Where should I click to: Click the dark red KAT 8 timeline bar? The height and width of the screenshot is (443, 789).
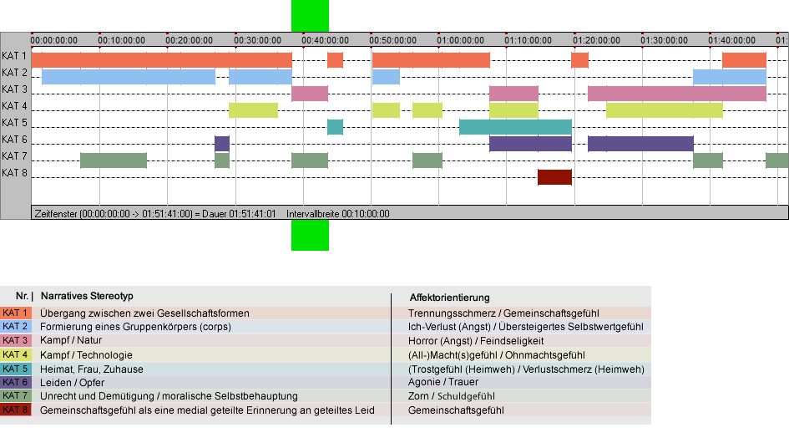point(554,177)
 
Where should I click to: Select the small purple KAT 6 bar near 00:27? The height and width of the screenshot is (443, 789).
point(222,144)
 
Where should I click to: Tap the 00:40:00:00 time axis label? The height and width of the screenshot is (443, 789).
point(325,40)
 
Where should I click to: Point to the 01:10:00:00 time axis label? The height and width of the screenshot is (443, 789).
point(528,40)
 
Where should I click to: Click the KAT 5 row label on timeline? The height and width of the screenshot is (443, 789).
point(14,123)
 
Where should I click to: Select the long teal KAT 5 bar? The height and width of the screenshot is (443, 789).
point(515,127)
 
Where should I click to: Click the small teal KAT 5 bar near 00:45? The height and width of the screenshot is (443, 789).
point(335,127)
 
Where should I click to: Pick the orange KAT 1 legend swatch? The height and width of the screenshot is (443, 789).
point(16,313)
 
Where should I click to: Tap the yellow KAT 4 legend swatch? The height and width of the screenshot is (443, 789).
point(16,354)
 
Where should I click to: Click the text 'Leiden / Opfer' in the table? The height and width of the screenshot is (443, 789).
point(73,383)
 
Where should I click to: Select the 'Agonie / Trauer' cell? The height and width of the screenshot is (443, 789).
point(443,382)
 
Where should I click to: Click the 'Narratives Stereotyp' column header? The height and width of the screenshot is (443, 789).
point(87,296)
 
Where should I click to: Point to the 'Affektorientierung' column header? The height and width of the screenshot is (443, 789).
point(449,298)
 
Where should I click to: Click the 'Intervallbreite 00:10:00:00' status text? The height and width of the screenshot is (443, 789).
point(338,214)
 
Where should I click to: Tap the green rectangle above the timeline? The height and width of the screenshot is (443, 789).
point(310,16)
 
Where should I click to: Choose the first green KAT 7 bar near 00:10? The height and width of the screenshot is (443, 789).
point(114,160)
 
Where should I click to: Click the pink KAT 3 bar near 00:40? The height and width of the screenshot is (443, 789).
point(310,94)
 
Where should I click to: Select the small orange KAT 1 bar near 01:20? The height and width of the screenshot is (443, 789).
point(579,60)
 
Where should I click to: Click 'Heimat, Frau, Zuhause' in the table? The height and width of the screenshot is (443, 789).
point(92,369)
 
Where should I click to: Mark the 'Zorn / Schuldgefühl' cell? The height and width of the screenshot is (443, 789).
point(452,396)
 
